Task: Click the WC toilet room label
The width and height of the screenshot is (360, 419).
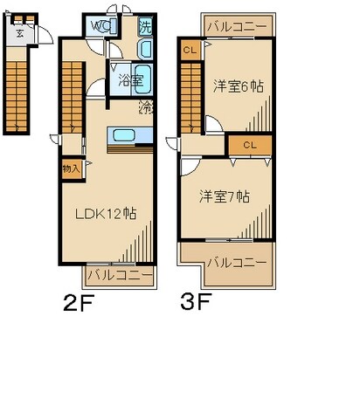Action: click(100, 26)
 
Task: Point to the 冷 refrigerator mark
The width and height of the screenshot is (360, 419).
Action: click(146, 108)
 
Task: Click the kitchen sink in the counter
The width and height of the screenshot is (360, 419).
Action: click(121, 135)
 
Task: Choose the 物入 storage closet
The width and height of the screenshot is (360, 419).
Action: click(71, 168)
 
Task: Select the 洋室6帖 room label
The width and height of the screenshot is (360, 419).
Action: click(237, 86)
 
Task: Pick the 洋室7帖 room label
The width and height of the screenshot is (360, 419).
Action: click(223, 196)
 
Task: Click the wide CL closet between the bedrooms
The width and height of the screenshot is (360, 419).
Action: click(250, 144)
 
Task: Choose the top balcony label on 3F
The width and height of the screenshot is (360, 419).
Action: click(236, 27)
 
